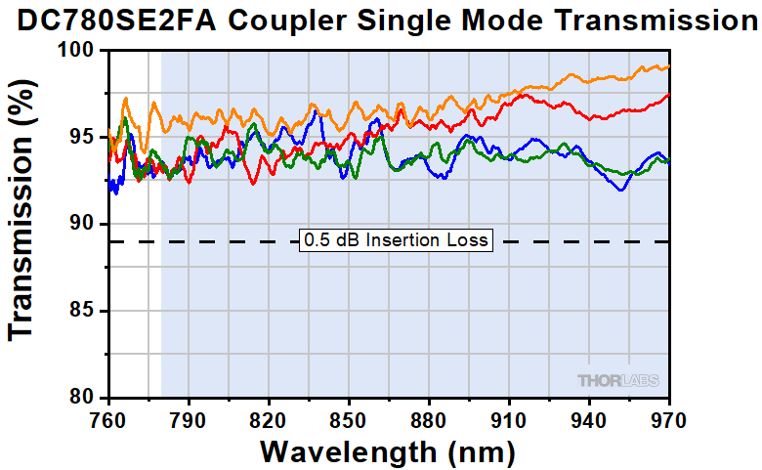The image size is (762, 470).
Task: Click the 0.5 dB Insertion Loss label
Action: (x=395, y=240)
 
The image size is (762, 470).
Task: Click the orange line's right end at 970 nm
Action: (x=668, y=67)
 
